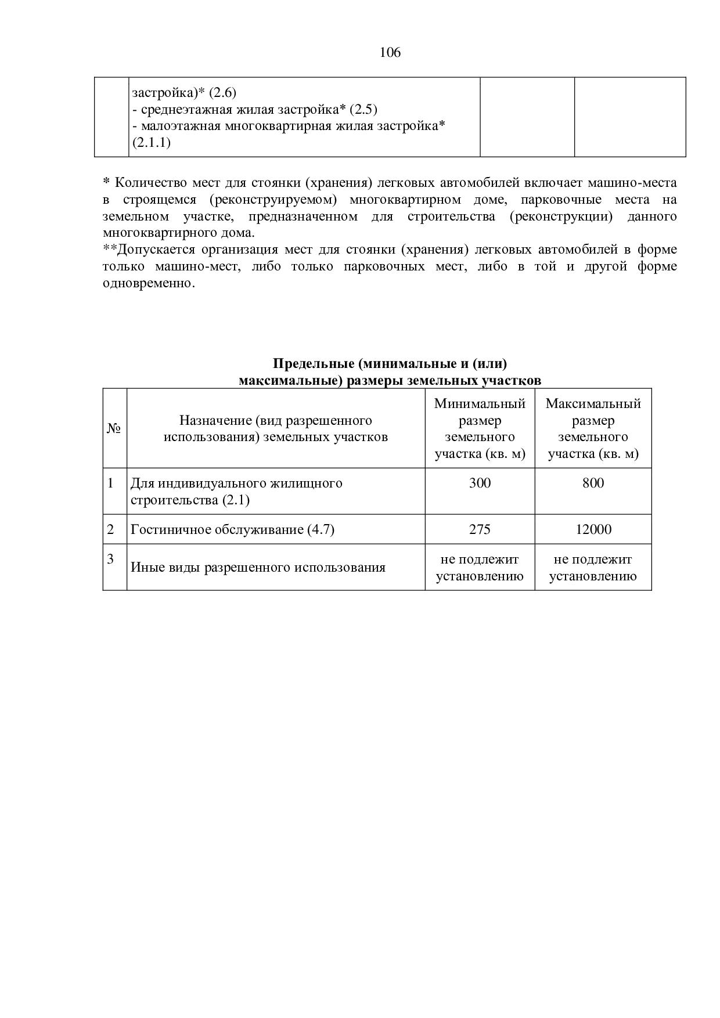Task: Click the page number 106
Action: coord(390,53)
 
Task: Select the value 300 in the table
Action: coord(480,483)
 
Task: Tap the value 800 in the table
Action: coord(593,483)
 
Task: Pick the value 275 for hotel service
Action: coord(480,529)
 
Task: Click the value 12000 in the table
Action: coord(593,529)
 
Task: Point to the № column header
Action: coord(114,428)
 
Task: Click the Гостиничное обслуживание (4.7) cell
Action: coord(232,529)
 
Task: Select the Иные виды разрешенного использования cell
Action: coord(258,567)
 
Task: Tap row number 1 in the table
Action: coord(110,483)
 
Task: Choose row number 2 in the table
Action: coord(110,529)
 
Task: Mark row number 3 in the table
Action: coord(110,559)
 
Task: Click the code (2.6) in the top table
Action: coord(222,93)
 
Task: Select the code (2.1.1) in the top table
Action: coord(151,143)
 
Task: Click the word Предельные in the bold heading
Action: coord(314,364)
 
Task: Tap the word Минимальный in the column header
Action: coord(480,404)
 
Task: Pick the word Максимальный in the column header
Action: coord(593,404)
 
